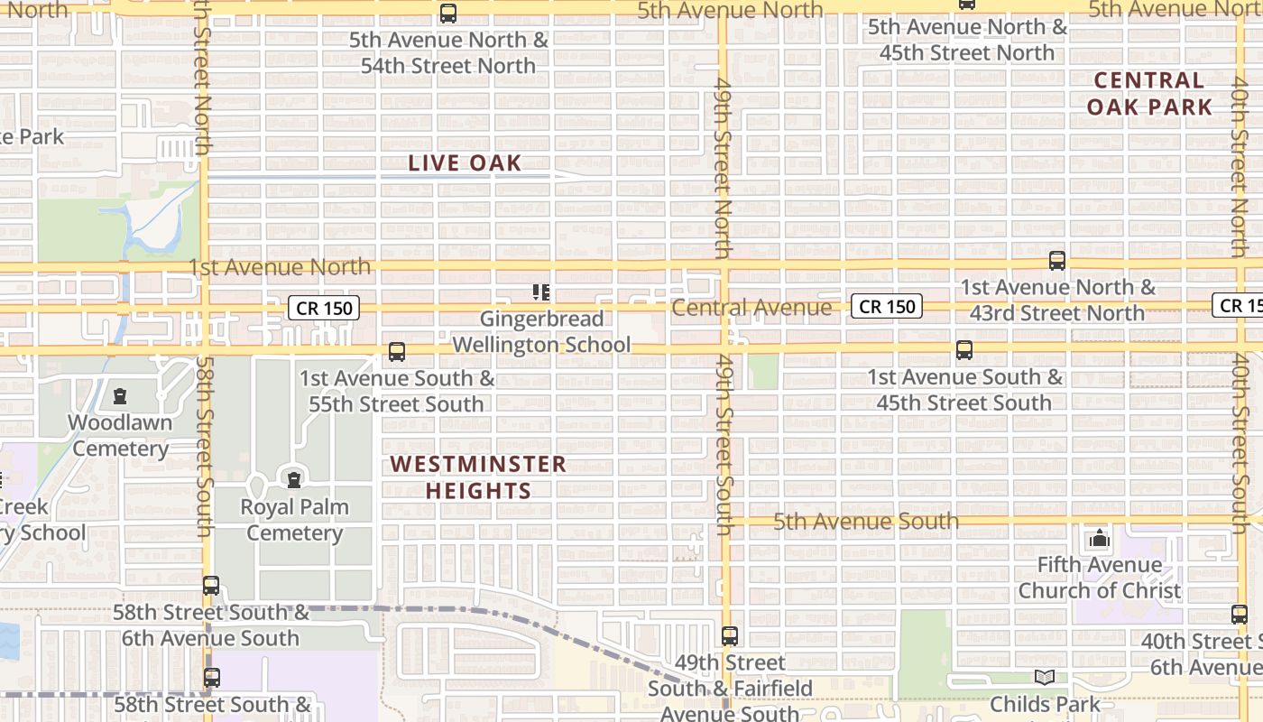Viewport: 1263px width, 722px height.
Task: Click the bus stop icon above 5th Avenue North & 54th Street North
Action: pos(448,14)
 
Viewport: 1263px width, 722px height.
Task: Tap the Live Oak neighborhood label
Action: pos(465,163)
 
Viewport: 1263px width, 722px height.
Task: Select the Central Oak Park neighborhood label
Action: pos(1149,94)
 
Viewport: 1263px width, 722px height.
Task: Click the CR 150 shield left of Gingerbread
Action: pos(325,309)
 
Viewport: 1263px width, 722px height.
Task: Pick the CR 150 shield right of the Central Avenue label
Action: pos(888,307)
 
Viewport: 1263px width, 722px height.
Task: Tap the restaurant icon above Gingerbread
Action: pos(541,292)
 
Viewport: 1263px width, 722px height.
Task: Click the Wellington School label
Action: pos(541,345)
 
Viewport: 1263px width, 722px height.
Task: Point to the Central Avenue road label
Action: pos(751,309)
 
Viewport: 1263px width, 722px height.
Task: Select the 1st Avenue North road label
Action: pos(280,267)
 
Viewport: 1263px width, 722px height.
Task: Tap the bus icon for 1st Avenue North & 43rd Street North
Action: pos(1057,261)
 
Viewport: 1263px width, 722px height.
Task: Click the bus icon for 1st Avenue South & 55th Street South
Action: pos(396,352)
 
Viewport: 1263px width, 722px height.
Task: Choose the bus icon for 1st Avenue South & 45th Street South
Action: pos(964,350)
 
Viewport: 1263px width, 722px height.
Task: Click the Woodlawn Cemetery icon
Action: pos(120,396)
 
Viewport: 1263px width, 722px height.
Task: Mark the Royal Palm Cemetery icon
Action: pos(293,478)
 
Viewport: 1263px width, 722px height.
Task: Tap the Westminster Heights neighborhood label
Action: pos(478,477)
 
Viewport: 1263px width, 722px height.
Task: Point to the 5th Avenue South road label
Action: pos(866,521)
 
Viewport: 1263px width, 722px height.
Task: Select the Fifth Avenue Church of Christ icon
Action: pos(1099,539)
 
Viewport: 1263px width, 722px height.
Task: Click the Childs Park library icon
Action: pos(1045,677)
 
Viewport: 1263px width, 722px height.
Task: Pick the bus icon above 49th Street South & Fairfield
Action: pos(730,636)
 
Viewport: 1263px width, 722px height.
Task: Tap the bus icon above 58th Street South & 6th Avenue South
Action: pos(211,586)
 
